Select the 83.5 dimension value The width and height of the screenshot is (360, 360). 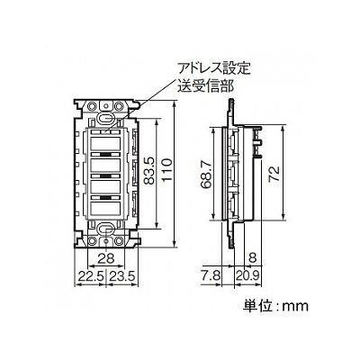(149, 172)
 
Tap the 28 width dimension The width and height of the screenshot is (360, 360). (106, 258)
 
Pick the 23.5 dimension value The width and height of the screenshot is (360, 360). (122, 275)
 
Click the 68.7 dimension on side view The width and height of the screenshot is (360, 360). (206, 175)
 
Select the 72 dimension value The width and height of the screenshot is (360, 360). (274, 174)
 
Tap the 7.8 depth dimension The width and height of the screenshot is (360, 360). (211, 275)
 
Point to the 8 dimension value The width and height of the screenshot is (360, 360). (253, 258)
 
